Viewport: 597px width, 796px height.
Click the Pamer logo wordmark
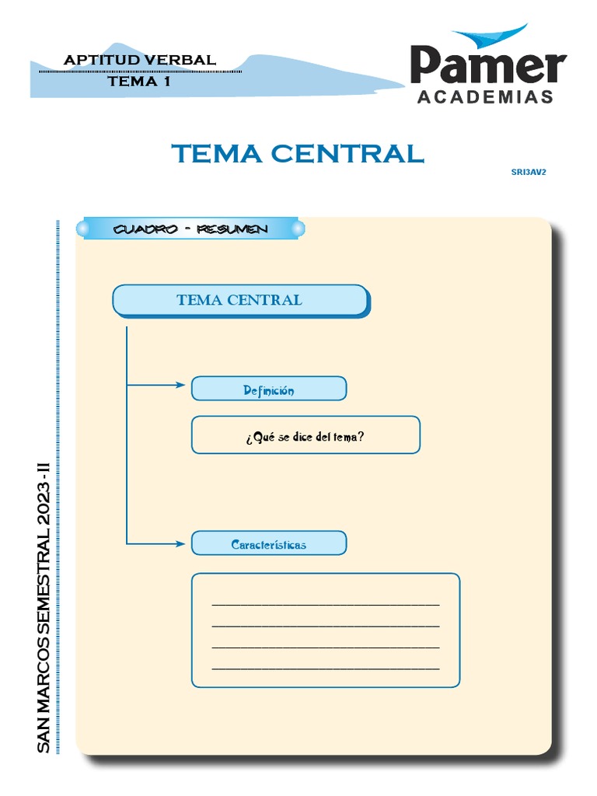[488, 66]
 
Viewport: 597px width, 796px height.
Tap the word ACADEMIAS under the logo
[486, 97]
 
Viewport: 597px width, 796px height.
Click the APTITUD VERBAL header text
[140, 60]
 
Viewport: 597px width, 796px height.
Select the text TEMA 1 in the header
[139, 81]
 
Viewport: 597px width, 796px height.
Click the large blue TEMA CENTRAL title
[298, 153]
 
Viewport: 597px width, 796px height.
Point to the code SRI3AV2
[529, 173]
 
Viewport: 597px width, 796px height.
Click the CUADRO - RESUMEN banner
[190, 229]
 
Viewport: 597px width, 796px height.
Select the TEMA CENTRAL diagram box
[239, 300]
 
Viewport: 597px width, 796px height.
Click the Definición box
[268, 389]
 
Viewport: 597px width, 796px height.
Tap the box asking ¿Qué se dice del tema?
[305, 436]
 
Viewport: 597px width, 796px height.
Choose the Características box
[268, 544]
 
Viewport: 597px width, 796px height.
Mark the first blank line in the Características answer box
[325, 604]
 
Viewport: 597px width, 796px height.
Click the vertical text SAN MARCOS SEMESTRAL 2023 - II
[44, 606]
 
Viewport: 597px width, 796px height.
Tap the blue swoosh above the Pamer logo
[490, 37]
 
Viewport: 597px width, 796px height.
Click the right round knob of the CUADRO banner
[297, 229]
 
